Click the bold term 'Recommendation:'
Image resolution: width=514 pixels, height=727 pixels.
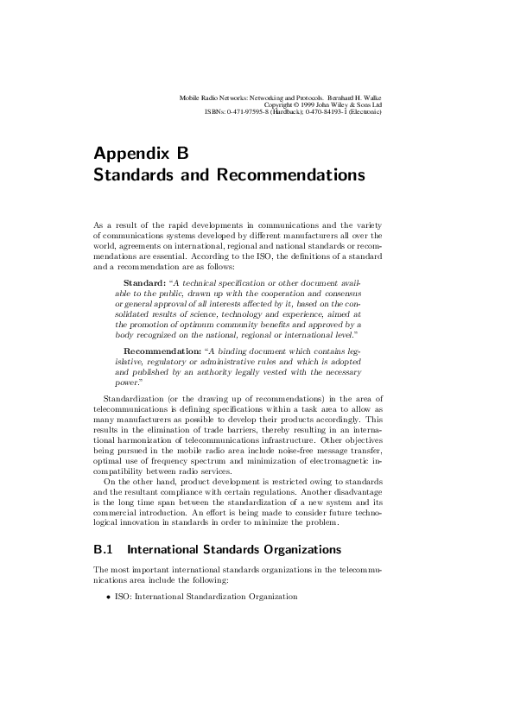coord(162,351)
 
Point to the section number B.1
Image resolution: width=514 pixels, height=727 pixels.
coord(103,549)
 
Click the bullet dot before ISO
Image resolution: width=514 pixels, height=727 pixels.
coord(108,597)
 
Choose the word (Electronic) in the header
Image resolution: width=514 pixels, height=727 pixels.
coord(364,111)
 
